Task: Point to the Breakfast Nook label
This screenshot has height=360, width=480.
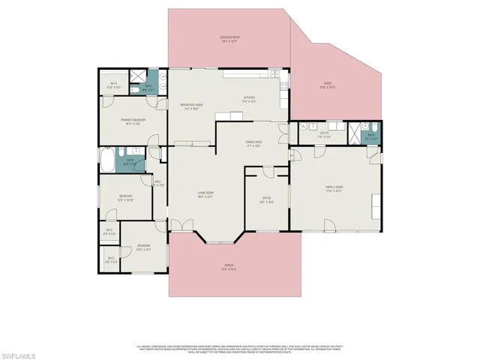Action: [193, 107]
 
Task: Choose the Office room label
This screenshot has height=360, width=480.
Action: [265, 199]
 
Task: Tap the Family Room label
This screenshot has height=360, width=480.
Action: [334, 188]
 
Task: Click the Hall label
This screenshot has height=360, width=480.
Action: [158, 183]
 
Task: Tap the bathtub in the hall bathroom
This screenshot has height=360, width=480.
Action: [109, 160]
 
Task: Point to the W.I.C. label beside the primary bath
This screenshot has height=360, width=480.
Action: [114, 85]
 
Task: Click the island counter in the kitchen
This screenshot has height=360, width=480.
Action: [229, 116]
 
